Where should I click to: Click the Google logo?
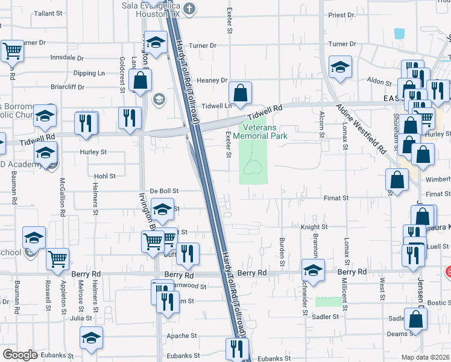pyautogui.click(x=20, y=355)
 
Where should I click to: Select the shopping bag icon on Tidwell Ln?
pyautogui.click(x=240, y=93)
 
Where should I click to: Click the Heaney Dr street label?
pyautogui.click(x=212, y=80)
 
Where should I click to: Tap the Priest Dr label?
pyautogui.click(x=341, y=14)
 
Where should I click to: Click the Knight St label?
pyautogui.click(x=314, y=227)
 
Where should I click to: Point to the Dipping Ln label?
pyautogui.click(x=89, y=73)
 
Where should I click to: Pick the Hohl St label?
pyautogui.click(x=104, y=176)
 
